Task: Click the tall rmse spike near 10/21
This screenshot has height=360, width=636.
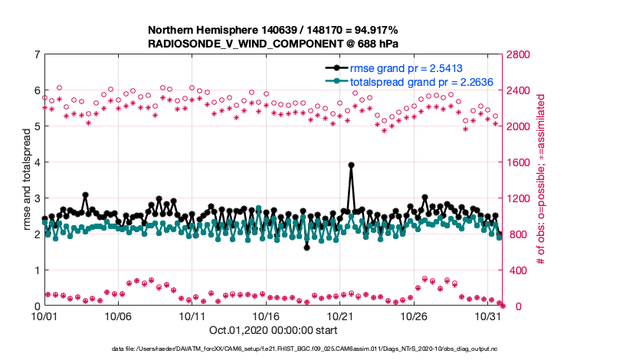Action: point(351,165)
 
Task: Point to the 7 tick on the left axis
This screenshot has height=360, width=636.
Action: point(37,54)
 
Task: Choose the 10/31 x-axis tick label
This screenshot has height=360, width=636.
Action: point(488,316)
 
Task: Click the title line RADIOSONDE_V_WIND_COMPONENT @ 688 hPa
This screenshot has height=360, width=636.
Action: point(272,44)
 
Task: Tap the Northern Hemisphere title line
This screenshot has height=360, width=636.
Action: point(272,31)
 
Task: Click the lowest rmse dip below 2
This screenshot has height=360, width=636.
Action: point(307,247)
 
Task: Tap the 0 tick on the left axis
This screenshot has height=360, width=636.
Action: point(37,306)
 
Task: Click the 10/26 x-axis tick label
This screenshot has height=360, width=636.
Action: point(414,316)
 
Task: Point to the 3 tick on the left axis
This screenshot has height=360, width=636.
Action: point(37,198)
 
